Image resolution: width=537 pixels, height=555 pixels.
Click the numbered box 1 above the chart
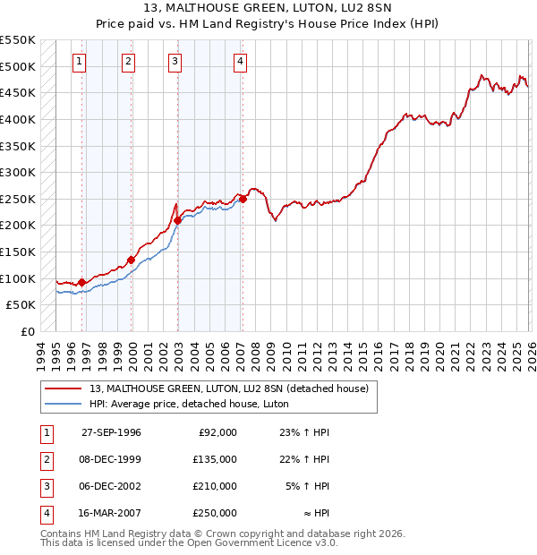tap(80, 62)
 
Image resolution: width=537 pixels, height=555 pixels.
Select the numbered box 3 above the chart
tap(175, 62)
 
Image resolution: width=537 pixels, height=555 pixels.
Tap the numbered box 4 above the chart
tap(241, 62)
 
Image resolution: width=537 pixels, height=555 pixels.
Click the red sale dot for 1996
tap(82, 283)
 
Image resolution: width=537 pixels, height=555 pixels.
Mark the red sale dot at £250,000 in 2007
tap(243, 200)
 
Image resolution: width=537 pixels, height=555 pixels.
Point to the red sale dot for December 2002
tap(178, 220)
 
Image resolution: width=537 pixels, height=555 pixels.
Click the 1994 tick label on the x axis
tap(41, 354)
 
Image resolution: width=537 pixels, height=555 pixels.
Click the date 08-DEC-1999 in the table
tap(111, 459)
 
